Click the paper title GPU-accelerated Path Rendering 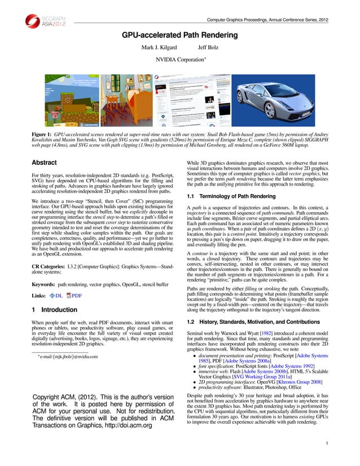click(x=180, y=35)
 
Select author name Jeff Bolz click(x=209, y=47)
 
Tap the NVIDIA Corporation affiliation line click(x=180, y=59)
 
